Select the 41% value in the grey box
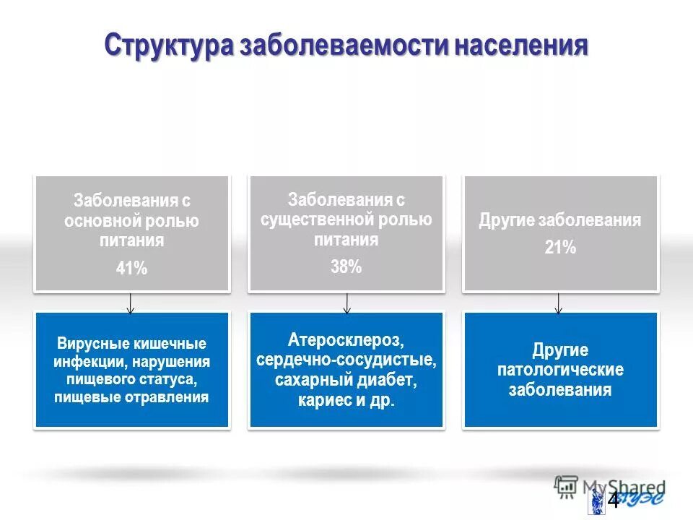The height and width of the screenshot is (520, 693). click(x=131, y=269)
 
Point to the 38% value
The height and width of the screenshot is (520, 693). click(x=346, y=266)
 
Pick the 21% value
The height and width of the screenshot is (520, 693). click(x=560, y=248)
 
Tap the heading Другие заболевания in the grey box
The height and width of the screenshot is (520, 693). click(x=560, y=221)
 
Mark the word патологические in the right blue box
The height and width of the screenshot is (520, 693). click(x=560, y=370)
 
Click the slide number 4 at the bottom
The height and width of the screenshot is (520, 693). click(x=613, y=500)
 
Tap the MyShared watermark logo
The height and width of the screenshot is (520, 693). click(x=610, y=486)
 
